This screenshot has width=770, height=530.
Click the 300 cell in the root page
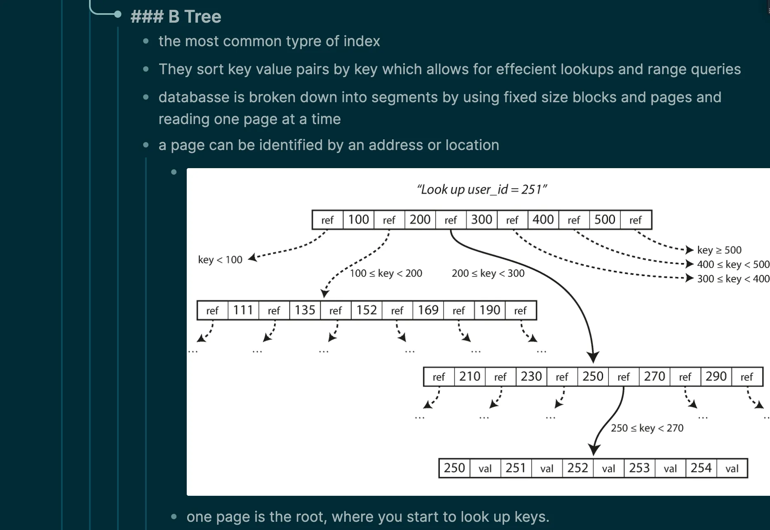point(481,220)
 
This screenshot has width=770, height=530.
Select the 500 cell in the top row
point(605,220)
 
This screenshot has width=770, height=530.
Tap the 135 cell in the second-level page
point(305,310)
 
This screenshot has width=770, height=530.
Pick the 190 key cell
point(490,310)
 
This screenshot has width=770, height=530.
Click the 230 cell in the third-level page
point(531,377)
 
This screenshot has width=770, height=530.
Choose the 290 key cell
point(716,377)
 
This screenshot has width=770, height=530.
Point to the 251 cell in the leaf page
point(516,468)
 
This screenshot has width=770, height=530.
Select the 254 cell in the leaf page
point(701,468)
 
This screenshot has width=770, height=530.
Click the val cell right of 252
point(608,469)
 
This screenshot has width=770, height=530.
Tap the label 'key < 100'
point(220,260)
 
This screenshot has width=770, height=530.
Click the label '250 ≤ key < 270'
point(647,428)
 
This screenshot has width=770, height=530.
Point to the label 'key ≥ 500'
point(719,250)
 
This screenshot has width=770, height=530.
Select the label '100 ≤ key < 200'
point(386,273)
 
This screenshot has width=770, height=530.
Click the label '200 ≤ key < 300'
point(488,273)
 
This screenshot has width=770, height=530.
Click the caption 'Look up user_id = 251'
point(481,190)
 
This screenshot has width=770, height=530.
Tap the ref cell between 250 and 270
point(623,377)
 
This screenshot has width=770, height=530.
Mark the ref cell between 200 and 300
point(451,220)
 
